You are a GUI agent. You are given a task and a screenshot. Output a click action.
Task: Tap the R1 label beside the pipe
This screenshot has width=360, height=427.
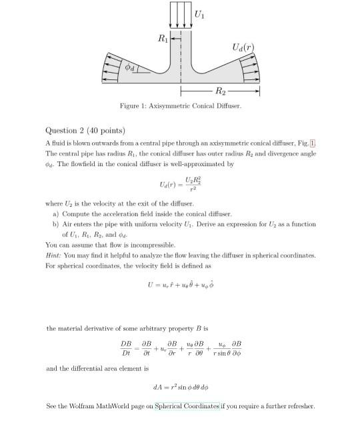(x=161, y=39)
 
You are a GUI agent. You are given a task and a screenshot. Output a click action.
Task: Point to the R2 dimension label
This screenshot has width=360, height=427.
(x=221, y=91)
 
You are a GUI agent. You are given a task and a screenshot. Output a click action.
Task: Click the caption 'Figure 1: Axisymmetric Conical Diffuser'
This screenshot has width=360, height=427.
(x=180, y=106)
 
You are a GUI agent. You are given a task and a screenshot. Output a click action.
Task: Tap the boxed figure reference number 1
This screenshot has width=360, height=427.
(x=312, y=143)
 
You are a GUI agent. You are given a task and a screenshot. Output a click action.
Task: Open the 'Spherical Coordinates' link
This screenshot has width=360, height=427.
(x=187, y=406)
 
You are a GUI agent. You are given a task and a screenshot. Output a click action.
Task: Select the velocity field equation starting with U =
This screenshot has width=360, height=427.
(x=180, y=284)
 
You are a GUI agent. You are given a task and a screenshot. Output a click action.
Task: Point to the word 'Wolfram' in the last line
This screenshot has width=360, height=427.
(x=85, y=406)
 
